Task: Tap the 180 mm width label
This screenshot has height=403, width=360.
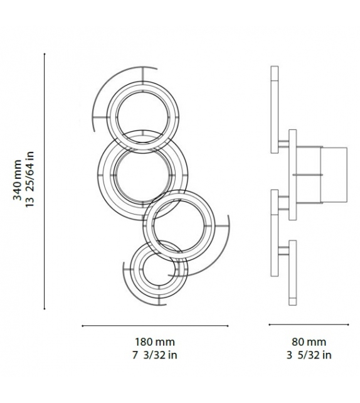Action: pos(154,342)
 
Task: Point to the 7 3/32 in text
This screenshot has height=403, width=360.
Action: pos(154,355)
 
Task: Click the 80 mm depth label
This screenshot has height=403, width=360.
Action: pos(309,342)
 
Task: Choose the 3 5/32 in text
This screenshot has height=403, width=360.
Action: pos(309,355)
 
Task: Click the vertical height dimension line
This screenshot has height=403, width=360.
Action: pos(45,182)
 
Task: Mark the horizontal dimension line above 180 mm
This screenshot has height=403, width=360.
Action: pos(154,325)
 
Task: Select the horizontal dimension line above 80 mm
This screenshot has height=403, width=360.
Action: pos(309,325)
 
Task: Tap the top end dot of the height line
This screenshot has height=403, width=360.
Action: pos(45,54)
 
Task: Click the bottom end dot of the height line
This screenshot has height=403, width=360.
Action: pos(45,309)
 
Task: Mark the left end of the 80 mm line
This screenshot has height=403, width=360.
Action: pos(270,325)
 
